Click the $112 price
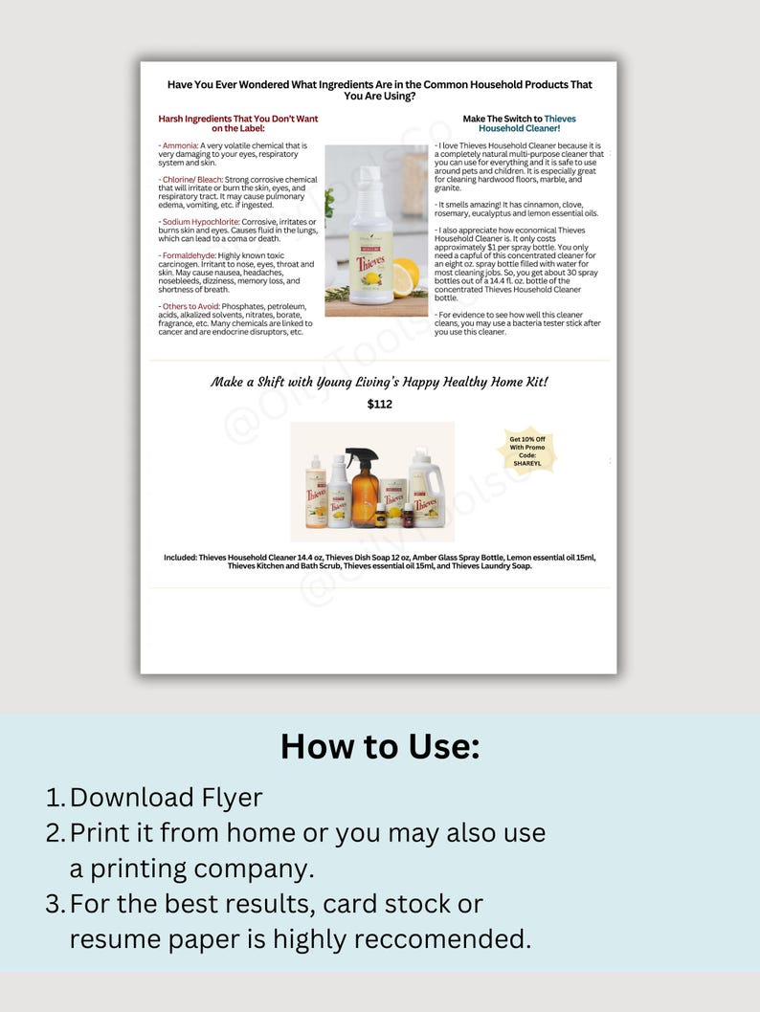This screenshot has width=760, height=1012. point(380,405)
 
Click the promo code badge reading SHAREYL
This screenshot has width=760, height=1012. point(526,451)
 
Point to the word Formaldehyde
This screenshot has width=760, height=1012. point(189,255)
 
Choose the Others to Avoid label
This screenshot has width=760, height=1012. point(190,306)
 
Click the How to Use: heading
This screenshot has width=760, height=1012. point(380,746)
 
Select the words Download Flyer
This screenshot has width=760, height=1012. point(167,797)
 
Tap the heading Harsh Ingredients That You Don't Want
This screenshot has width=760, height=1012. point(237,119)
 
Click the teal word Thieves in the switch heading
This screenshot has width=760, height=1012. point(560,119)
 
